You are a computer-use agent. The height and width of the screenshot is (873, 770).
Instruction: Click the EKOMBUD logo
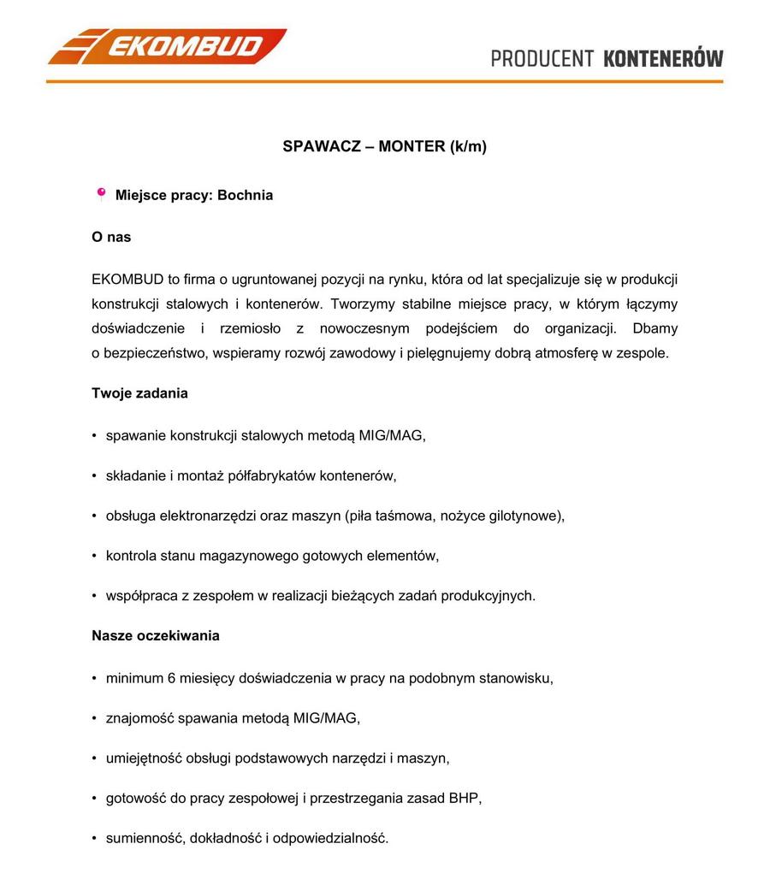coord(167,46)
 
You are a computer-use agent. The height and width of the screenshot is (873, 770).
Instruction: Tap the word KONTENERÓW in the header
coord(663,59)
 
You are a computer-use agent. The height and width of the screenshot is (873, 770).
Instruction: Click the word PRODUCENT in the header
coord(542,59)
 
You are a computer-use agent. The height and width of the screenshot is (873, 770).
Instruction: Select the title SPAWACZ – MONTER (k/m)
coord(384,146)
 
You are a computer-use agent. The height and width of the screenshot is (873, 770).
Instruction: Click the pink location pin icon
coord(101,194)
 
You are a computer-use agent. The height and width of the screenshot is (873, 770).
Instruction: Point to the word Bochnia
coord(245,195)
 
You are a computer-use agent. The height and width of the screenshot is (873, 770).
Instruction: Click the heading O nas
coord(111,237)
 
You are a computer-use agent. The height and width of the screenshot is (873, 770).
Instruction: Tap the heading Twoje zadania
coord(139,393)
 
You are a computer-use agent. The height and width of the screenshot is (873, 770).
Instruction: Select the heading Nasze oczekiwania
coord(156,635)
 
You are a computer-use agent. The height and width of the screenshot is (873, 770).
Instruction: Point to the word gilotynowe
coord(524,516)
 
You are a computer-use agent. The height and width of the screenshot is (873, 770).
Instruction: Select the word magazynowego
coord(249,556)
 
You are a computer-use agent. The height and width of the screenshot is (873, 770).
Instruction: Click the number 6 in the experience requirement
coord(172,678)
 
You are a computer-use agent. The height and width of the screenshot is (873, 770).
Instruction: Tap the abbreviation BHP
coord(465,799)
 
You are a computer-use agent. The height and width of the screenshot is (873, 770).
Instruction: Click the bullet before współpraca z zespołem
coord(94,596)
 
